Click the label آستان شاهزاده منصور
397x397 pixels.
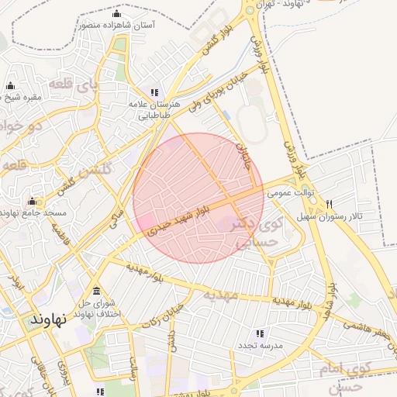click(116, 25)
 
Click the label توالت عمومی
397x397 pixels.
click(288, 193)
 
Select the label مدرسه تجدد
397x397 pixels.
click(259, 343)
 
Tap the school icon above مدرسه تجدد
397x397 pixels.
click(259, 332)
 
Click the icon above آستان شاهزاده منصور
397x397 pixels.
click(117, 14)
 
